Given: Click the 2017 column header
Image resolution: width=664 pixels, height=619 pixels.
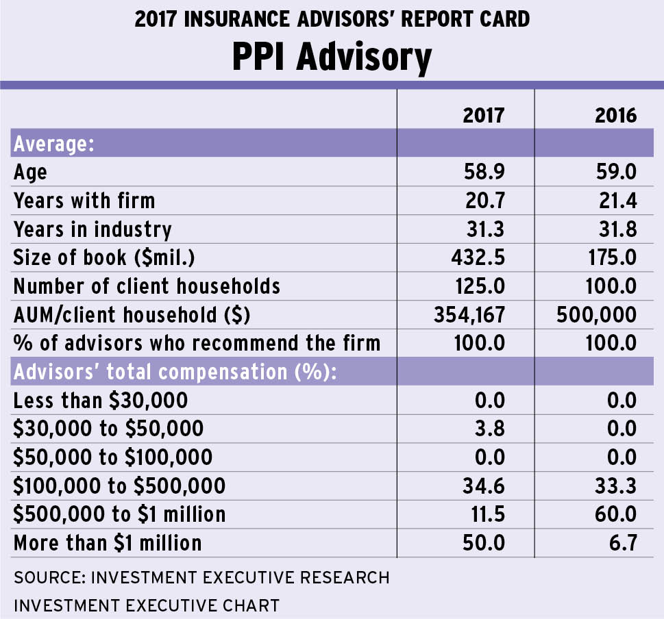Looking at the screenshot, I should coord(483,114).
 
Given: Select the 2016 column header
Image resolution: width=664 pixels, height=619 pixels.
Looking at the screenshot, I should coord(616,114).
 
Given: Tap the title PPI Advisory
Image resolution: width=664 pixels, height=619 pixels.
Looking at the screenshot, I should coord(332,58).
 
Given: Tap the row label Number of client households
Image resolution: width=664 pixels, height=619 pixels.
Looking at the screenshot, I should coord(147,286).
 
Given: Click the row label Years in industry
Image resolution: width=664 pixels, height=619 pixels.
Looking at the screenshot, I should coord(93,229).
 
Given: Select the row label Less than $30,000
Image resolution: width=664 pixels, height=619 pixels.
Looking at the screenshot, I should coord(100,400).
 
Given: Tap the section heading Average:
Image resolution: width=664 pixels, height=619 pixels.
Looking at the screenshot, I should coord(53,144).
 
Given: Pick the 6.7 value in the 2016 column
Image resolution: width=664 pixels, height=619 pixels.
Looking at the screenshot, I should coord(622,543).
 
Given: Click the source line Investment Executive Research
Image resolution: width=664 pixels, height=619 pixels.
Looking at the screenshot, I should coord(201,577).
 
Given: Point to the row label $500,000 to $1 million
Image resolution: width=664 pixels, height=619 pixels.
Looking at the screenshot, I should coord(119,514).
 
